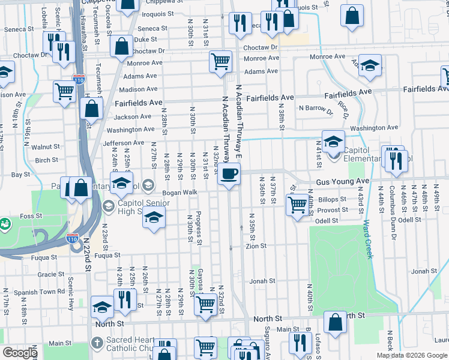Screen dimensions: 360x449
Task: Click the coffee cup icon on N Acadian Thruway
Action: (x=228, y=175)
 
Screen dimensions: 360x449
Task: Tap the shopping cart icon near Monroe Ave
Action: (x=220, y=61)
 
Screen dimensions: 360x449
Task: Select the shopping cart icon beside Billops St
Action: (x=297, y=205)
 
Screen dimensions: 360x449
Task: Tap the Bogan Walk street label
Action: (x=179, y=193)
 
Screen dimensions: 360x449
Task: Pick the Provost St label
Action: (x=333, y=209)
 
